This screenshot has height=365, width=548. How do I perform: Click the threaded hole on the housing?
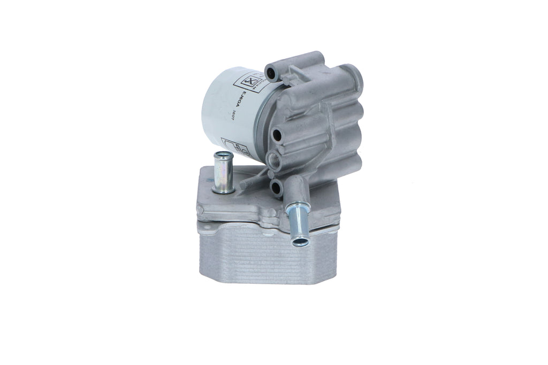pos(275,159)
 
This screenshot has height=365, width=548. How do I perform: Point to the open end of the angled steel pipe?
pos(300,242)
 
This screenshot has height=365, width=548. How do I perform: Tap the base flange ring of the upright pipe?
pos(223,189)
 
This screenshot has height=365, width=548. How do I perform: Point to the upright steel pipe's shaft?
pos(223,172)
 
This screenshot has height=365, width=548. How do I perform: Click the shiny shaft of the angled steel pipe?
pos(295,222)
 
